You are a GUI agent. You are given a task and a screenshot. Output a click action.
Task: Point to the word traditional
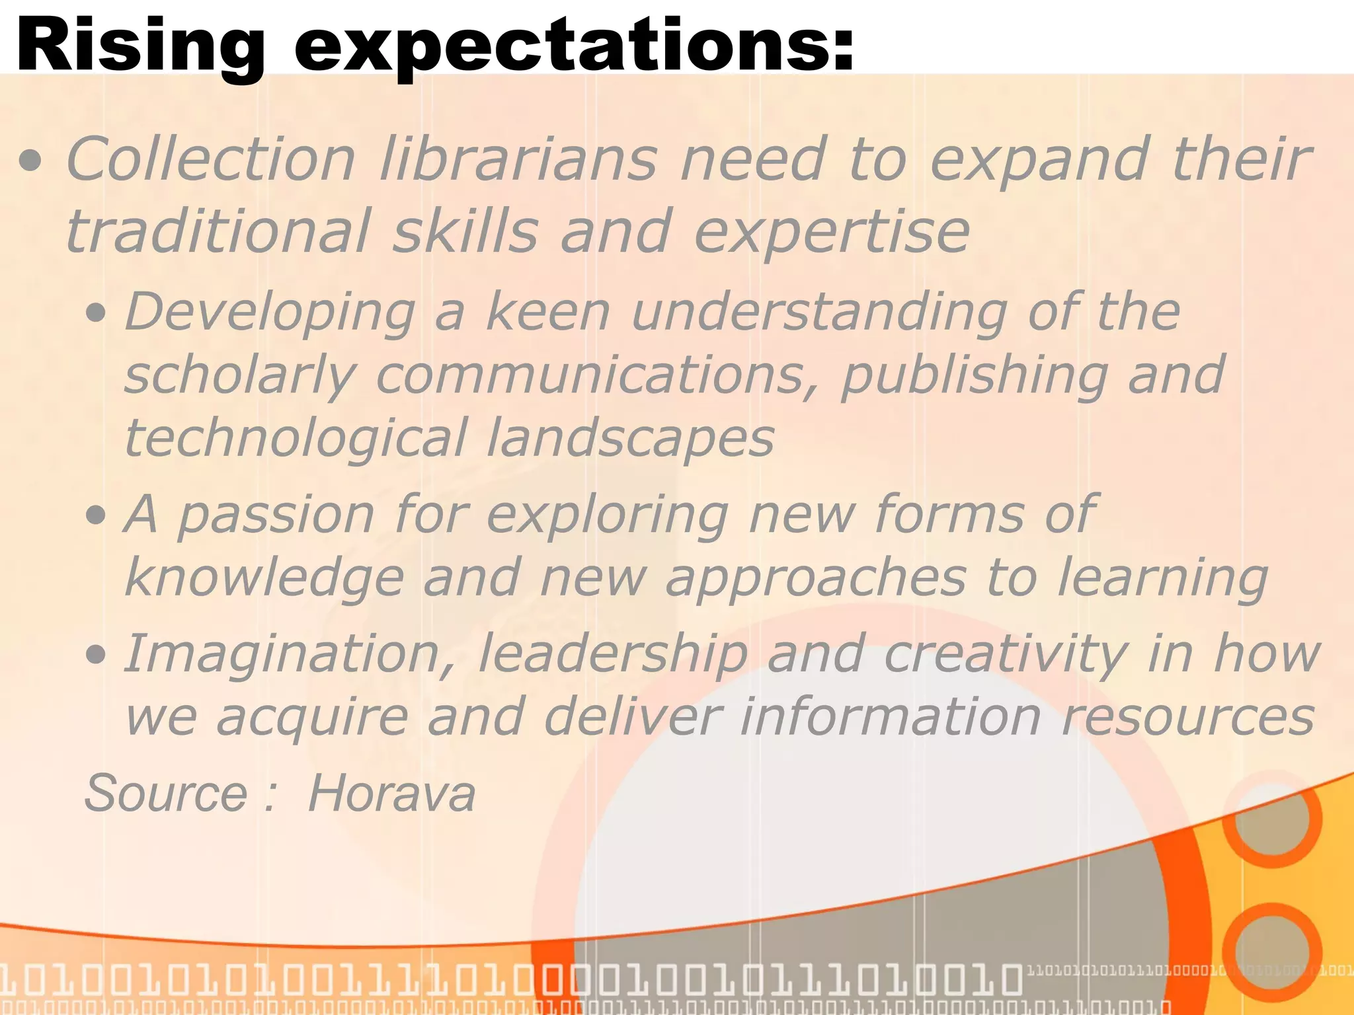218,231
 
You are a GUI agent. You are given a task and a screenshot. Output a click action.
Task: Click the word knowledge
264,578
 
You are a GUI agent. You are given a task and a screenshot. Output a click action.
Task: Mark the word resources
1187,718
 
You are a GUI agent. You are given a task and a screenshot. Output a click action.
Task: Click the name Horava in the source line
391,793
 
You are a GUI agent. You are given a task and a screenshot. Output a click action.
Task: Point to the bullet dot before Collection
31,161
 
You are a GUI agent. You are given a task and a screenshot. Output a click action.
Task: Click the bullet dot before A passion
97,514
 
